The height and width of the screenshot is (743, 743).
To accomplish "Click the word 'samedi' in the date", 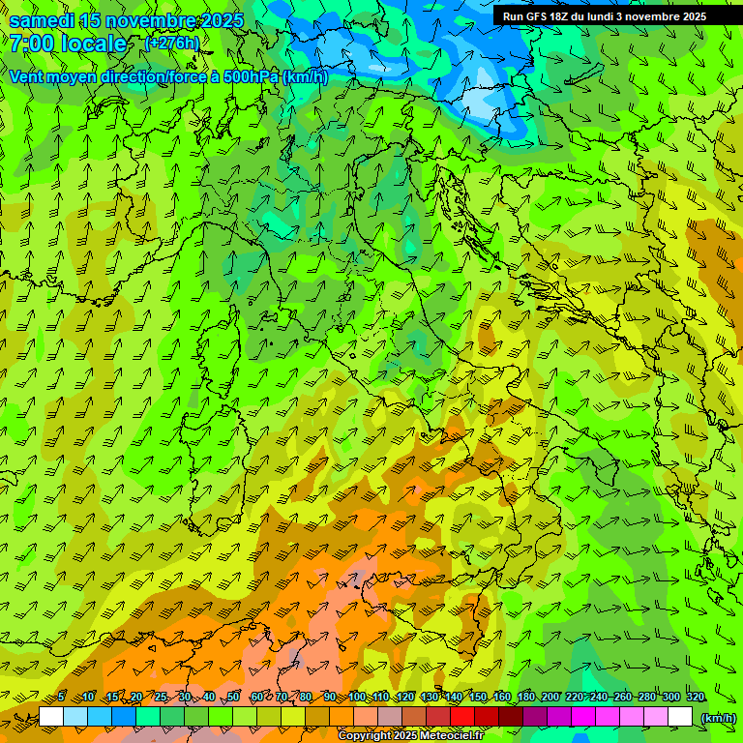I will click(43, 20).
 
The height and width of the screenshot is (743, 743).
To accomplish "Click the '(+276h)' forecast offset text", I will click(172, 43).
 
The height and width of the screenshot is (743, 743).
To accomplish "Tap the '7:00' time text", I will click(32, 44).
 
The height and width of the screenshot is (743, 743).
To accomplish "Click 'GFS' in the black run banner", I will click(541, 16).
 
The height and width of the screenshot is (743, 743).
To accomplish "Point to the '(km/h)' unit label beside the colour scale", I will click(717, 717).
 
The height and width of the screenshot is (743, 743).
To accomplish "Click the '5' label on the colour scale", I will click(61, 697).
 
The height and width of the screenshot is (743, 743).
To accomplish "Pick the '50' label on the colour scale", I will click(233, 697).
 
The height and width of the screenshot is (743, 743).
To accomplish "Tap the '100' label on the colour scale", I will click(357, 697).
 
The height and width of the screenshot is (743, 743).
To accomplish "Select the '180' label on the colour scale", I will click(526, 697).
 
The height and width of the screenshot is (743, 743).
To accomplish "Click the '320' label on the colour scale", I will click(696, 697).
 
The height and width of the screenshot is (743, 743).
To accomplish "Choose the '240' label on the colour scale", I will click(599, 697).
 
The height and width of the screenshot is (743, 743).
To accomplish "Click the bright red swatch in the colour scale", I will click(462, 717).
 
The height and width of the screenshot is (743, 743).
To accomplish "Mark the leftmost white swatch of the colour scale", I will click(51, 717).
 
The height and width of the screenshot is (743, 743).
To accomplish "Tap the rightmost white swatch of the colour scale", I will click(680, 717).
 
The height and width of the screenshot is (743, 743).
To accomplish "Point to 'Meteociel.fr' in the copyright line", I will click(451, 736).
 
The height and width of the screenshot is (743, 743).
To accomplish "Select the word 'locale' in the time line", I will click(94, 44).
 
